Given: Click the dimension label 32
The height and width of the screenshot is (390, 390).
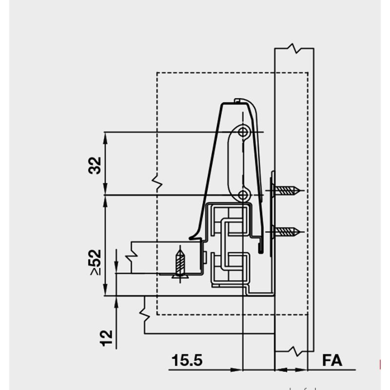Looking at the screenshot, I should (96, 165).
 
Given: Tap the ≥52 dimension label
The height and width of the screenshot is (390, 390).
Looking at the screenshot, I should (96, 262).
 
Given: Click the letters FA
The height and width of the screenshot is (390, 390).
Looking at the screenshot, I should (332, 361).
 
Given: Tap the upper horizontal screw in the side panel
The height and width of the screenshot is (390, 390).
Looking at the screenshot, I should (288, 190).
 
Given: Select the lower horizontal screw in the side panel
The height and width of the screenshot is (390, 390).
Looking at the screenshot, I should (288, 232).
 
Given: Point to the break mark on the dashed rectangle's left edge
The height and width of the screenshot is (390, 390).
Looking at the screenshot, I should (157, 183).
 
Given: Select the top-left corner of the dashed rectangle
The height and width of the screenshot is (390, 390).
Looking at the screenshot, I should (157, 73).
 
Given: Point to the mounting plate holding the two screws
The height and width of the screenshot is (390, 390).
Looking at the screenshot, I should (272, 210).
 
